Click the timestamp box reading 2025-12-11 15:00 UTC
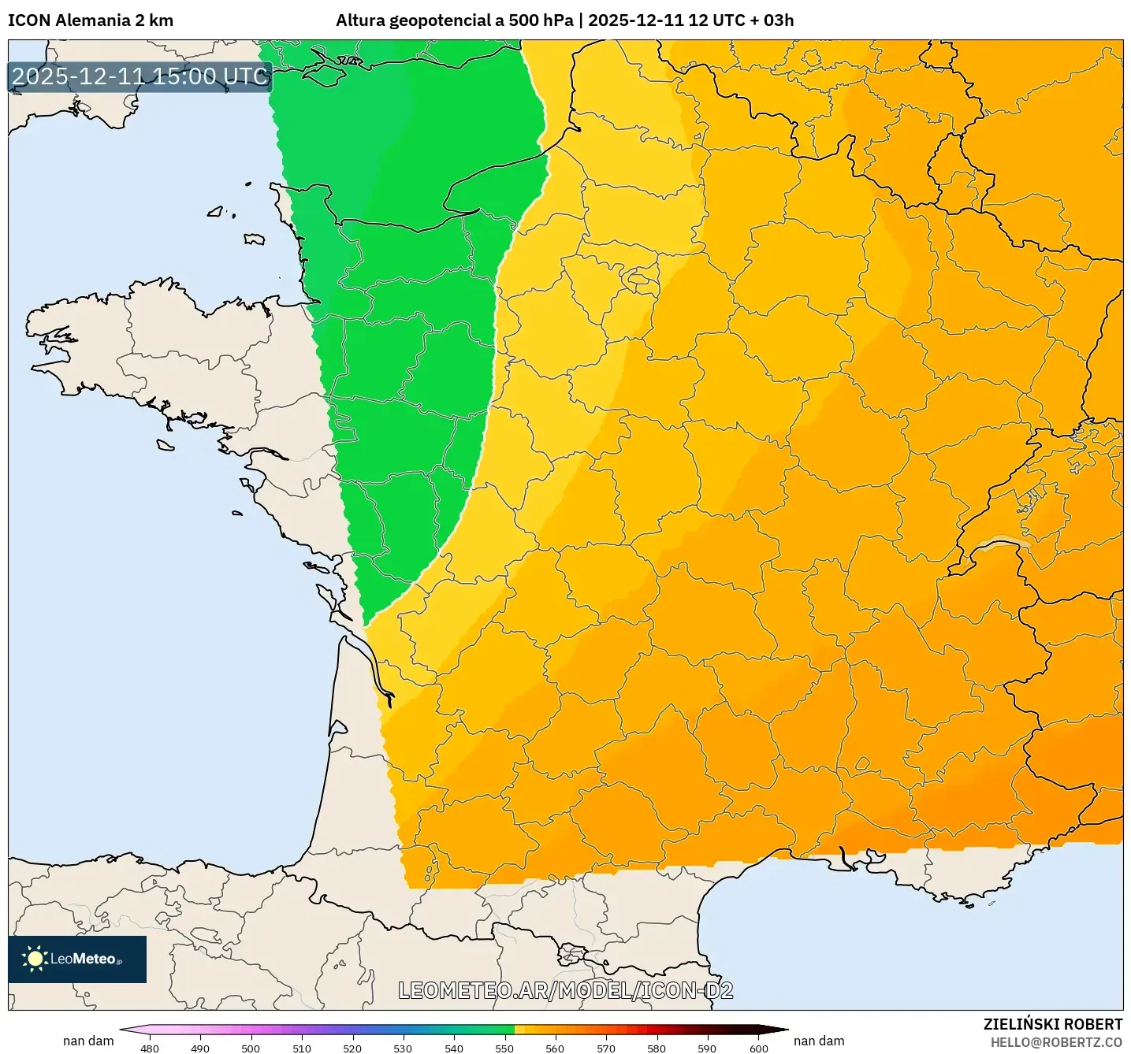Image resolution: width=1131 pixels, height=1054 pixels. tap(140, 76)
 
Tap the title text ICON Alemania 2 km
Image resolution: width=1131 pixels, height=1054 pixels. tap(91, 20)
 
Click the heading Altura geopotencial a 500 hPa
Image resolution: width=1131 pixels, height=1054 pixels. tap(455, 20)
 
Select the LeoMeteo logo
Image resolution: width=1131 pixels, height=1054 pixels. tap(77, 959)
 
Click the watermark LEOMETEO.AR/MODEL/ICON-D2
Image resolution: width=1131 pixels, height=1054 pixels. tap(565, 990)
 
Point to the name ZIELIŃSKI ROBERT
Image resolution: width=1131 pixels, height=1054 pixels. tap(1052, 1024)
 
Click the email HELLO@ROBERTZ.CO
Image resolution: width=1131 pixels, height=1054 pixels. tap(1056, 1042)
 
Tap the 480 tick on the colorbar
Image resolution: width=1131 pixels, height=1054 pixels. tap(149, 1048)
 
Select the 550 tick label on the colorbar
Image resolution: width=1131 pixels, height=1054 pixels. tap(504, 1048)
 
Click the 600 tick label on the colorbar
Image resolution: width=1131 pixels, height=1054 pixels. tap(758, 1048)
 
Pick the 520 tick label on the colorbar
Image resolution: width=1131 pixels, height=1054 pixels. tap(352, 1048)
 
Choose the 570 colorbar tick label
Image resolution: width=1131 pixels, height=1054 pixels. tap(606, 1048)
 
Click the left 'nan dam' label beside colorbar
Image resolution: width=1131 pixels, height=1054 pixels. tap(88, 1041)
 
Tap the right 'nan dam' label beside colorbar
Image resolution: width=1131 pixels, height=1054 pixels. tap(819, 1041)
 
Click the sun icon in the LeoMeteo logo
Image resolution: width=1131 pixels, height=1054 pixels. tap(35, 959)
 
